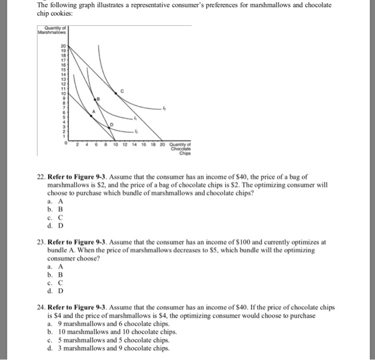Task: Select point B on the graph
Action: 97,100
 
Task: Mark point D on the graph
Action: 111,125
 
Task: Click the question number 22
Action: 41,176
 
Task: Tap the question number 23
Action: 41,242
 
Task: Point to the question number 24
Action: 41,307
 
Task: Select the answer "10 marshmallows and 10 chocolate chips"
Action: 113,332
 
